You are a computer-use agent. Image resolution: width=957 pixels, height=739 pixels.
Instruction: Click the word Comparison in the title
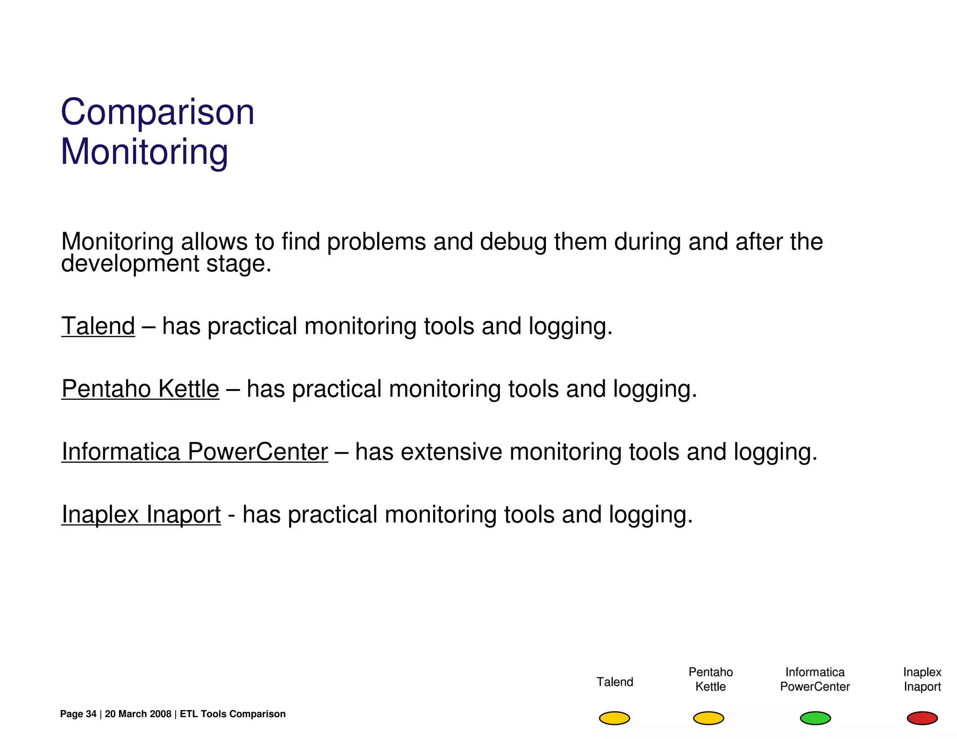tap(157, 113)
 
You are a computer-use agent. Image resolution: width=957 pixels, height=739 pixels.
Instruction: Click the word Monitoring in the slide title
tap(144, 152)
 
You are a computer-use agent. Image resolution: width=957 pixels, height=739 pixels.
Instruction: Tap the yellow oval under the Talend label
tap(614, 718)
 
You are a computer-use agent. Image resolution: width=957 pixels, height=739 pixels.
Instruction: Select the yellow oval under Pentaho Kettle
tap(708, 718)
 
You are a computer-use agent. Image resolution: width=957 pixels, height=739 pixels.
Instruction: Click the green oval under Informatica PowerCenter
tap(815, 718)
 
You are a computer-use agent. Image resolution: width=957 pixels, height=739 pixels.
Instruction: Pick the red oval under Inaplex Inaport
tap(921, 718)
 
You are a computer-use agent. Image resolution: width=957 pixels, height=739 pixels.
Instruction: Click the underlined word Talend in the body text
tap(98, 326)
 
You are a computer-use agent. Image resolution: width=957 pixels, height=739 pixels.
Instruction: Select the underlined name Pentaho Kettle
tap(140, 389)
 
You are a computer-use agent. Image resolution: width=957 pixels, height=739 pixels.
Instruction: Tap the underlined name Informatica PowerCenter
tap(194, 452)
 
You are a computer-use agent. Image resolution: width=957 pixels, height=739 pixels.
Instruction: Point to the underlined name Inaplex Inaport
tap(141, 514)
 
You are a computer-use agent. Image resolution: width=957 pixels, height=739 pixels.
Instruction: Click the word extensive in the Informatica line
tap(451, 452)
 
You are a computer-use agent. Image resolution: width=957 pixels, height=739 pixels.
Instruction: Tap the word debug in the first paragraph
tap(513, 242)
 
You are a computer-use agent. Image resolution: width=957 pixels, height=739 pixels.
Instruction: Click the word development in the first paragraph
tap(130, 264)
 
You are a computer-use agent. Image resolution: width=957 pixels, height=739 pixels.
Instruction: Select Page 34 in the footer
tap(78, 714)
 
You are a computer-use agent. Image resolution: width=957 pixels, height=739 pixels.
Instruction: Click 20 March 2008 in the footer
tap(138, 714)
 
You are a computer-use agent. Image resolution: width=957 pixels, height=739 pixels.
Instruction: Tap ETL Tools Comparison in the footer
tap(232, 714)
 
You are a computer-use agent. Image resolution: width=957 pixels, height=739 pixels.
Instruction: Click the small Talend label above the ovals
tap(614, 682)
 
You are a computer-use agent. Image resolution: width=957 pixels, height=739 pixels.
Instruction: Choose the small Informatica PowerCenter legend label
tap(814, 679)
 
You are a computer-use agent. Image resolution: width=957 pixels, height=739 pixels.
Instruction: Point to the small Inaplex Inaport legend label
tap(921, 679)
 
